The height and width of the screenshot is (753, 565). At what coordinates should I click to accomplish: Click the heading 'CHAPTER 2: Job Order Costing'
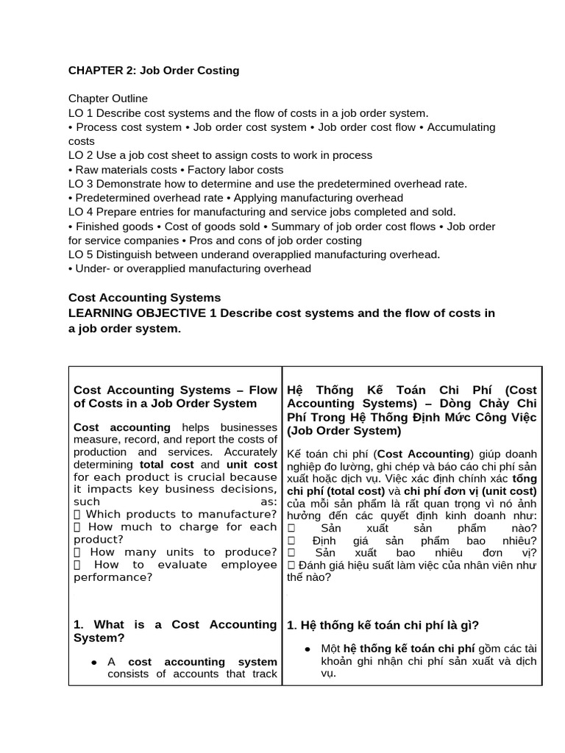(154, 71)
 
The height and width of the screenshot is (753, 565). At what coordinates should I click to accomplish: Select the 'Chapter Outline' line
(108, 99)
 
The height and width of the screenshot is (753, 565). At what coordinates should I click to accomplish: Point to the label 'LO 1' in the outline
(80, 113)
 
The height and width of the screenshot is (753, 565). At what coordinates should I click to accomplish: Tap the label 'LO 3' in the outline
(80, 184)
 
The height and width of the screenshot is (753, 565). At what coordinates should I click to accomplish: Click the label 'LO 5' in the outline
(80, 254)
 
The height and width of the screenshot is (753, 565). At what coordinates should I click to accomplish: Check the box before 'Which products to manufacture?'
(77, 514)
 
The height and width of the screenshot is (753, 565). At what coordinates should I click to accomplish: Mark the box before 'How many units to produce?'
(77, 552)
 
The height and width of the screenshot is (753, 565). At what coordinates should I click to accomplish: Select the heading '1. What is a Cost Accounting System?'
(175, 631)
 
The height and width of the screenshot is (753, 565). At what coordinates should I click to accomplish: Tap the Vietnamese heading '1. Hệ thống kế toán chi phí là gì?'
(383, 626)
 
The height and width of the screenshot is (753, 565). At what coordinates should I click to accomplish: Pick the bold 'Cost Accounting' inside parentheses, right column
(423, 454)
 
